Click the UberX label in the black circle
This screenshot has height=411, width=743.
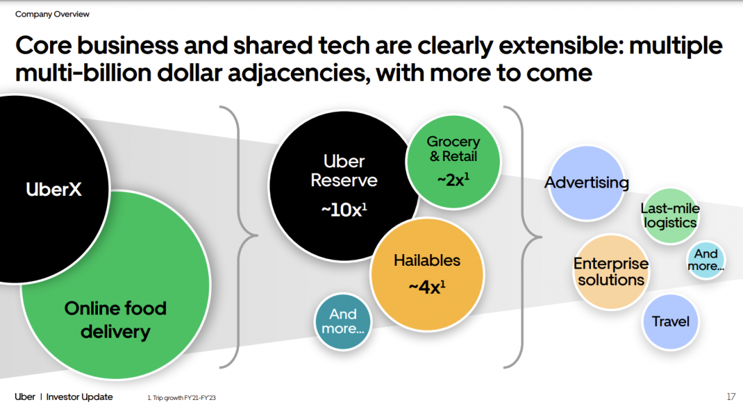(x=53, y=189)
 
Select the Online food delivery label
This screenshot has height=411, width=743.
(x=115, y=320)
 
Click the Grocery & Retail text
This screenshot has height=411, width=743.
(x=453, y=149)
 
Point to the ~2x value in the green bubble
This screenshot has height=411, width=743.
(x=453, y=179)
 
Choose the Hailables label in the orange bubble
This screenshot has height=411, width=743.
(x=427, y=260)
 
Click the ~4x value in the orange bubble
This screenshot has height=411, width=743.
(x=427, y=286)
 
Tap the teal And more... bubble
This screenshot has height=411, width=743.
(x=343, y=321)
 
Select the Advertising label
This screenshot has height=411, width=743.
(x=586, y=182)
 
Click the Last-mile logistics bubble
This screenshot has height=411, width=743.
(x=669, y=215)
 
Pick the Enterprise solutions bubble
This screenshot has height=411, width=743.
(x=610, y=272)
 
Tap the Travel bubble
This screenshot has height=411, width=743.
(x=670, y=321)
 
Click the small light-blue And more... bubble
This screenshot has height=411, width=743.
(x=705, y=260)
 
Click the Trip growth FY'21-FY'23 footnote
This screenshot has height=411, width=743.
(x=182, y=398)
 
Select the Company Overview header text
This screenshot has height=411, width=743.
(x=52, y=14)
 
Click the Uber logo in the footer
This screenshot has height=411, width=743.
(x=25, y=397)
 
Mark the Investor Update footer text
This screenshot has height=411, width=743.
(x=79, y=397)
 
